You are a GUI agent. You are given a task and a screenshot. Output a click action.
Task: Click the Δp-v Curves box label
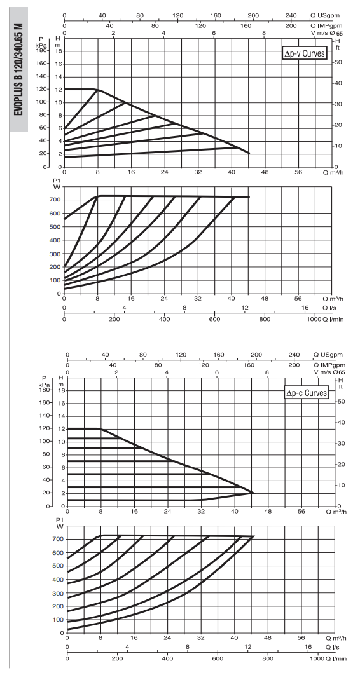(x=304, y=54)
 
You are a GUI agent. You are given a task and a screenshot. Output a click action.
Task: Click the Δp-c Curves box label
(x=306, y=393)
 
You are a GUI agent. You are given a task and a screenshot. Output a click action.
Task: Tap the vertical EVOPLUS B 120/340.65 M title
(x=18, y=69)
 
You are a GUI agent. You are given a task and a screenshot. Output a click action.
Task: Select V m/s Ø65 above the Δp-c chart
(x=329, y=372)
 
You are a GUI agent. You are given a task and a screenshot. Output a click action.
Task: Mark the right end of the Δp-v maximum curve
(x=249, y=153)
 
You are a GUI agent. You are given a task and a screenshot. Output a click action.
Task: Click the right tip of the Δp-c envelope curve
(x=254, y=493)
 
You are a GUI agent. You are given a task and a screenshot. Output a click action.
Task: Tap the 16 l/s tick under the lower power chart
(x=308, y=648)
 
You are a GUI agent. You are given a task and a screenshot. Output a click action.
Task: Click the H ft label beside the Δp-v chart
(x=338, y=44)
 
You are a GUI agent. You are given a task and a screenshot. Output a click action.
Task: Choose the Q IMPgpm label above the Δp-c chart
(x=328, y=365)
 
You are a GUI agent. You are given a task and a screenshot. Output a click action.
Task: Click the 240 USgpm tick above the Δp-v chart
(x=291, y=16)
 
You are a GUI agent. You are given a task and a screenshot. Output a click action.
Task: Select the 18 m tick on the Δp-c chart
(x=62, y=390)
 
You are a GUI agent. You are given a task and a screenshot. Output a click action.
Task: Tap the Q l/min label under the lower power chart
(x=334, y=658)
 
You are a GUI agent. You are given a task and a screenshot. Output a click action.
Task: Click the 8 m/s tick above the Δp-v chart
(x=264, y=33)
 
